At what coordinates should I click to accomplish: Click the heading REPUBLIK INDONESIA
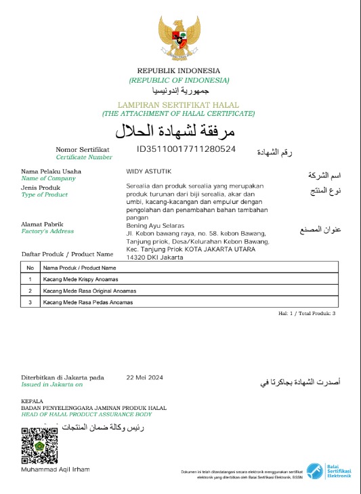tap(179, 71)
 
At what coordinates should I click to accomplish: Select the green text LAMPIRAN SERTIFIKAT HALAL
tap(179, 106)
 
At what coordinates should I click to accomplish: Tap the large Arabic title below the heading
tap(179, 130)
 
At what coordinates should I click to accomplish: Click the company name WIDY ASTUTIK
tap(147, 171)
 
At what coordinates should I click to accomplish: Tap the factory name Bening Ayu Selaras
tap(155, 225)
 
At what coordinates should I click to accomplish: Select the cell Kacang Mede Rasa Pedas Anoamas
tap(88, 302)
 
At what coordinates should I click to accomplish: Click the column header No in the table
tap(30, 268)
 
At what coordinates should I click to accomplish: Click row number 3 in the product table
tap(30, 302)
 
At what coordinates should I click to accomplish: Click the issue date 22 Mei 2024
tap(145, 377)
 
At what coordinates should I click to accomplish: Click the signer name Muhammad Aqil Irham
tap(55, 470)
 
